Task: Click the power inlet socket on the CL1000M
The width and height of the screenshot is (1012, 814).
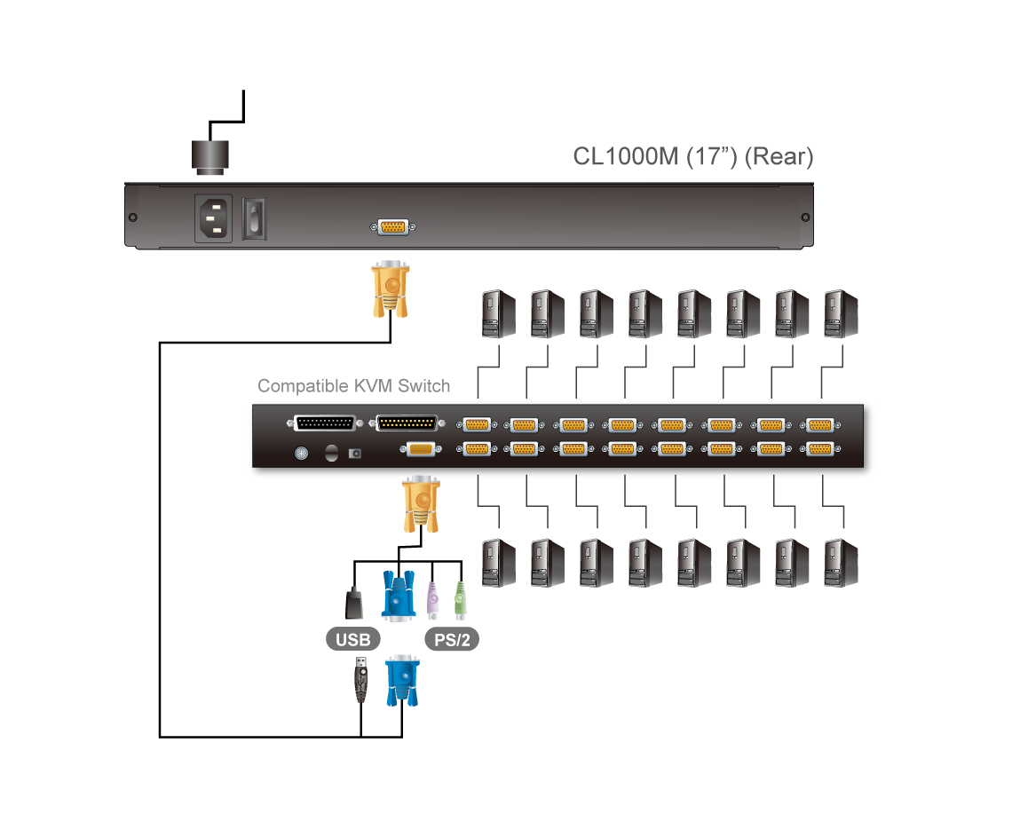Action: tap(213, 218)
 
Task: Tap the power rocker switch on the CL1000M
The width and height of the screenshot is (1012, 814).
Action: tap(256, 218)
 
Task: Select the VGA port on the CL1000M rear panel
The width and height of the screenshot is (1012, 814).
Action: tap(392, 227)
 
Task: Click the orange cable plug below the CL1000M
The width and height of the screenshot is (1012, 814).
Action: tap(389, 288)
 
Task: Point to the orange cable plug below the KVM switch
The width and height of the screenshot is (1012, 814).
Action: tap(421, 504)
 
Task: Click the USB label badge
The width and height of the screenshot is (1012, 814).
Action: tap(353, 638)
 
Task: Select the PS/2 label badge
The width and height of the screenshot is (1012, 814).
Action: tap(452, 638)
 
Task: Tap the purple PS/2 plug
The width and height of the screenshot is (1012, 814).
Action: tap(432, 601)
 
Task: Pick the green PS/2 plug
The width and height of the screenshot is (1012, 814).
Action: tap(460, 601)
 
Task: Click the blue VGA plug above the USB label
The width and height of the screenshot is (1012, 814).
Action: tap(399, 595)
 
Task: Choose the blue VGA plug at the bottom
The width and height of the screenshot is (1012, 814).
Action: tap(401, 680)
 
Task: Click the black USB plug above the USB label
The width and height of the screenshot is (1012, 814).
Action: tap(353, 603)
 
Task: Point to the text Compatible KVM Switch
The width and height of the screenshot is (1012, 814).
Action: tap(353, 386)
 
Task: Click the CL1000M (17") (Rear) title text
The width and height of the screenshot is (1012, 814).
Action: tap(692, 157)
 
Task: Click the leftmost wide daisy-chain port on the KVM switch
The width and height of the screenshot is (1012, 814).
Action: tap(324, 423)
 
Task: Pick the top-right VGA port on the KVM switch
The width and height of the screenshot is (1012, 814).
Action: tap(818, 424)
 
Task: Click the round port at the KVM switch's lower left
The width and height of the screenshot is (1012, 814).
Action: tap(301, 454)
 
